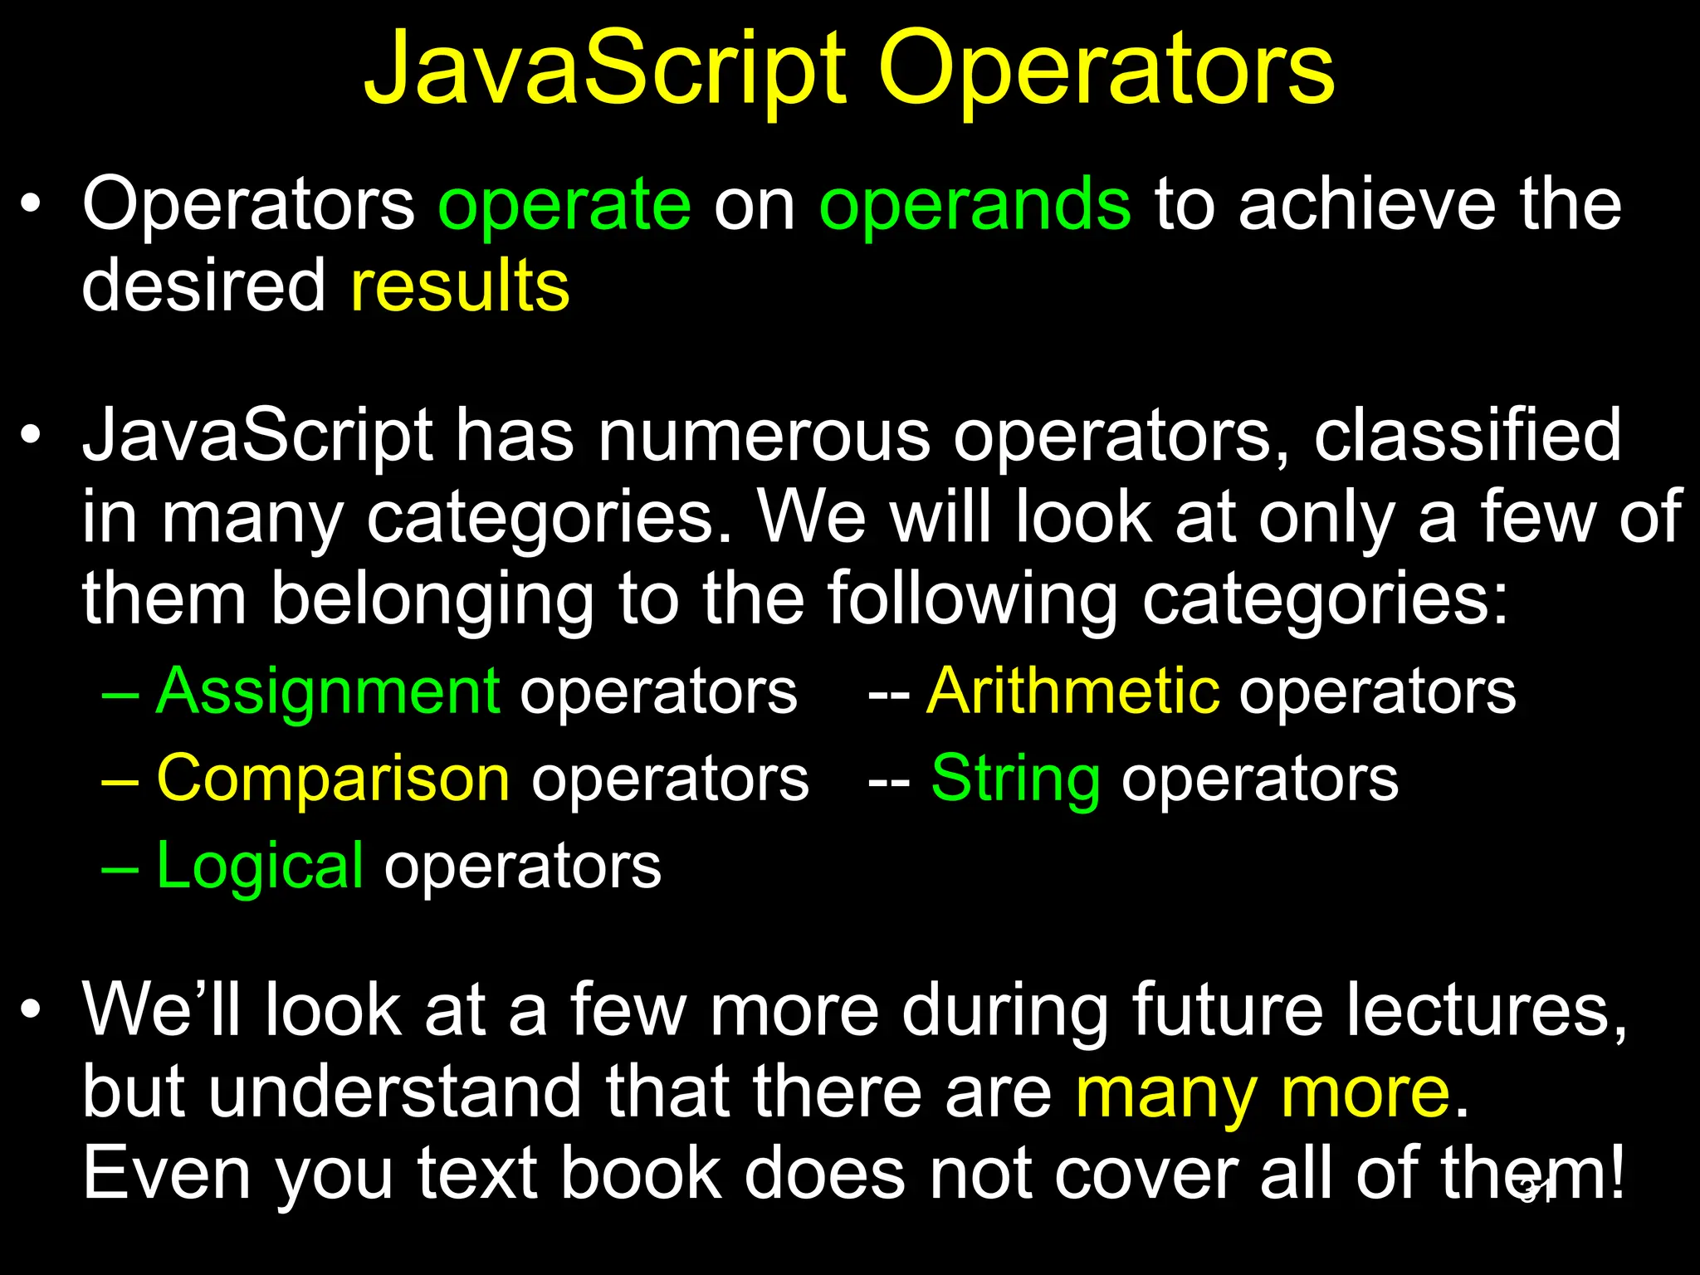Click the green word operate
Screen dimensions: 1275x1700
pyautogui.click(x=564, y=206)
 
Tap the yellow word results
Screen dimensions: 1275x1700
pyautogui.click(x=460, y=286)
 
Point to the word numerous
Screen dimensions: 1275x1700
pyautogui.click(x=764, y=437)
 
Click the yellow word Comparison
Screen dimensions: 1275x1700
pyautogui.click(x=333, y=779)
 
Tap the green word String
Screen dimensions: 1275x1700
pyautogui.click(x=1015, y=779)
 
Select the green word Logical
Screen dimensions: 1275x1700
pyautogui.click(x=260, y=867)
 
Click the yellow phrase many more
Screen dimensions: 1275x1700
pyautogui.click(x=1262, y=1094)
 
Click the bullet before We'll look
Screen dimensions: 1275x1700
pyautogui.click(x=32, y=1010)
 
